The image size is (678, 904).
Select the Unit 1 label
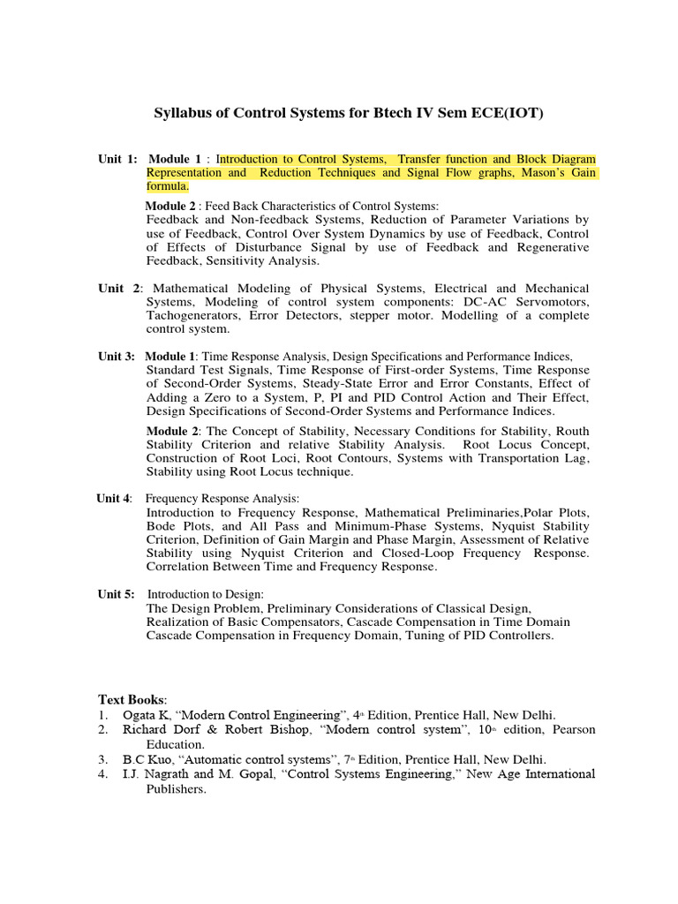(x=117, y=159)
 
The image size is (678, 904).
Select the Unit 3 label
(x=117, y=356)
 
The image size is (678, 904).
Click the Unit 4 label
(x=114, y=499)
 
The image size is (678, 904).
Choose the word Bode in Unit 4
(x=163, y=526)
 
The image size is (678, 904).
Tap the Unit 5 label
(x=116, y=594)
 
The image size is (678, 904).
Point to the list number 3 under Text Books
(x=103, y=759)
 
